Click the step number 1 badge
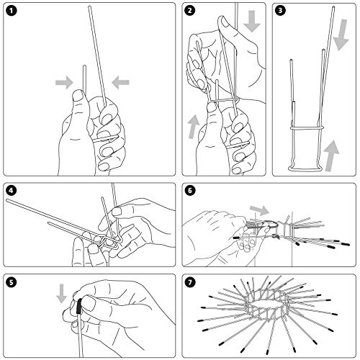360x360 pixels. pos(12,11)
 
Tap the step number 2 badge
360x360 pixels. pos(190,11)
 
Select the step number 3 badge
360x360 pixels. pos(280,11)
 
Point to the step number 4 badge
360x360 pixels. pos(12,191)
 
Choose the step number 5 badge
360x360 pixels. pos(12,282)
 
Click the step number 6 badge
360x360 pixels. pos(190,191)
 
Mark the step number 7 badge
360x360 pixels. pos(190,282)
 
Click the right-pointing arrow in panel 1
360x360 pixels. pos(64,83)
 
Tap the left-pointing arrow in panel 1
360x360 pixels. pos(120,83)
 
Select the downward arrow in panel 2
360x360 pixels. pos(252,21)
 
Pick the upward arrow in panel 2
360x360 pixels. pos(194,127)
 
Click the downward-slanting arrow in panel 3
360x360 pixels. pos(341,35)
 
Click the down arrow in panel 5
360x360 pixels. pos(61,293)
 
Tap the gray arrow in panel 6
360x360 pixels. pos(260,210)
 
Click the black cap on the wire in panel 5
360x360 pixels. pos(79,307)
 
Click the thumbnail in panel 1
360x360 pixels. pos(78,96)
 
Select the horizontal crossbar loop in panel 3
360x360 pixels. pos(307,128)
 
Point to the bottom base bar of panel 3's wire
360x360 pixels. pos(305,170)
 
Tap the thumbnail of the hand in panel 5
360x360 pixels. pos(88,303)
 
